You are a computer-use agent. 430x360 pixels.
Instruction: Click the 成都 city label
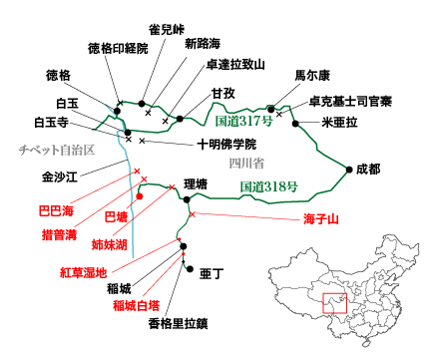coord(368,169)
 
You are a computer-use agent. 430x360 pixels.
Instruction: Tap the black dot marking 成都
coord(348,169)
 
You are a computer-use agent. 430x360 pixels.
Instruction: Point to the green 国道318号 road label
coord(270,185)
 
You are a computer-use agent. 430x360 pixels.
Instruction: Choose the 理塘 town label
coord(197,185)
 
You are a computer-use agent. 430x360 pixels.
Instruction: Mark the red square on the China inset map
coord(333,299)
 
